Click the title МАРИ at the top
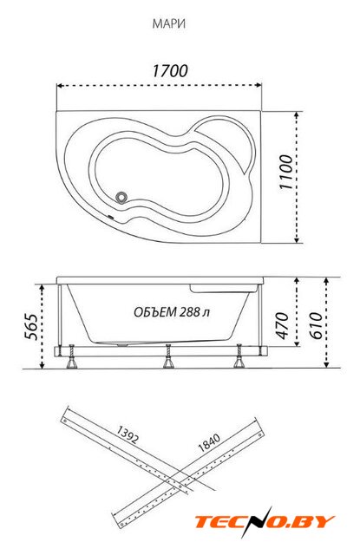(x=169, y=23)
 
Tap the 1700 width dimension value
(x=170, y=71)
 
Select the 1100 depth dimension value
(x=286, y=172)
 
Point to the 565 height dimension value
(x=30, y=326)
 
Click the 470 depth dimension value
(x=282, y=325)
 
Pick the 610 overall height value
(x=316, y=325)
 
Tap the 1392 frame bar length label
(x=127, y=434)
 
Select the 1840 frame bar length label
(x=209, y=442)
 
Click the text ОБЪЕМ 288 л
(x=172, y=312)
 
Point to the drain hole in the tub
(x=122, y=197)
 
